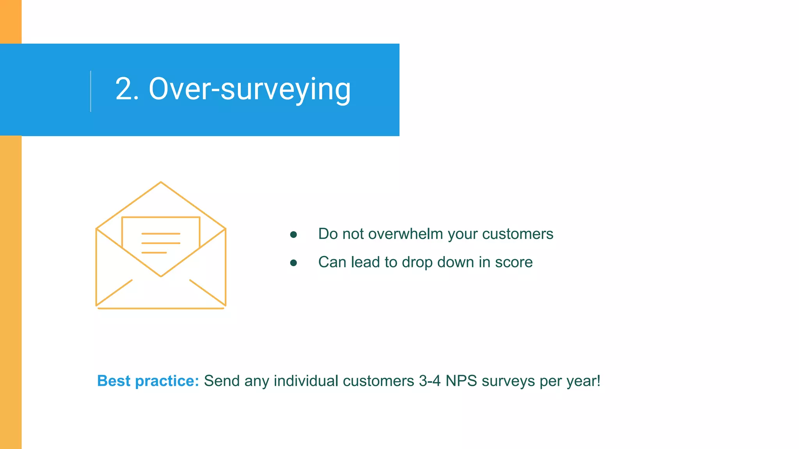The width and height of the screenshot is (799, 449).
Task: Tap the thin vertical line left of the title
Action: point(91,91)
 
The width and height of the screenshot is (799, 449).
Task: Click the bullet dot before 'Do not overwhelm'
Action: point(294,235)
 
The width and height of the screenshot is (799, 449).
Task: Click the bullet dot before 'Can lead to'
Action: point(294,263)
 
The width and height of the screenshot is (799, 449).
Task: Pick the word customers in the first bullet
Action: point(517,234)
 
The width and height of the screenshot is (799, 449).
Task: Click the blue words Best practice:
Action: point(148,381)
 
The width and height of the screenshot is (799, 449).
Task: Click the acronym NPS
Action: point(461,381)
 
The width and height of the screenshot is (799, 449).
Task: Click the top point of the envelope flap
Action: point(161,182)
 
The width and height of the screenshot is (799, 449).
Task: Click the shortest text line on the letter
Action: point(154,253)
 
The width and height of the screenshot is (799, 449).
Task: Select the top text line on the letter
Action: point(161,233)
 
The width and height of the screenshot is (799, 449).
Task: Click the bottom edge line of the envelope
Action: point(161,308)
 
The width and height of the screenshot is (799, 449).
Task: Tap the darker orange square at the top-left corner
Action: point(11,21)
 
